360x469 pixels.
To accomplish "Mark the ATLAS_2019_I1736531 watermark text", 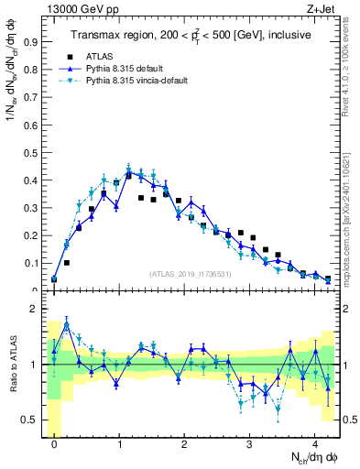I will (x=190, y=274).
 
